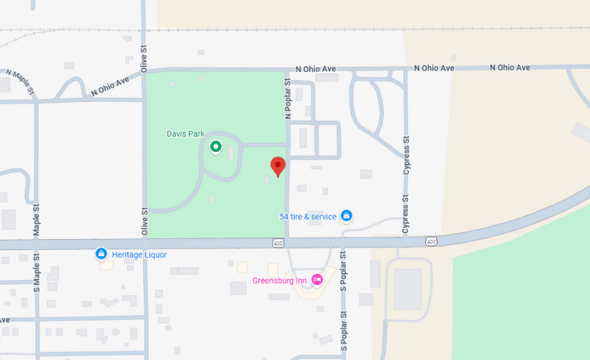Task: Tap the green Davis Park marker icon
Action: [215, 147]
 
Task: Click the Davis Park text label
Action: [186, 133]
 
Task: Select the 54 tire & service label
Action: [308, 216]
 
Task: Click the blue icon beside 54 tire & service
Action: [346, 215]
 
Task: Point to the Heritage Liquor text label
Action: [141, 254]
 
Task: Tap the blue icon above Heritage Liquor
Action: [101, 253]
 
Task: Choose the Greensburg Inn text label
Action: [280, 280]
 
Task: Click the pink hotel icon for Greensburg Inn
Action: [317, 279]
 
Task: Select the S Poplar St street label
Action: [343, 274]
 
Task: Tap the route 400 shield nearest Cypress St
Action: [431, 240]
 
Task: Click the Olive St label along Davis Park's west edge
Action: [144, 222]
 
